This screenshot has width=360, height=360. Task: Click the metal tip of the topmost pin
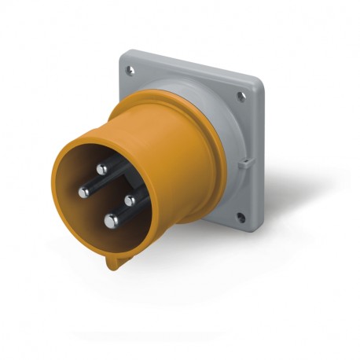point(102,167)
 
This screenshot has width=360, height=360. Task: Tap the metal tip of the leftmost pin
point(83,192)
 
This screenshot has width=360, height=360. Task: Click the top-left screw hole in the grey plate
point(130,71)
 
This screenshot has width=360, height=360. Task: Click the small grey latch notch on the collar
point(244,164)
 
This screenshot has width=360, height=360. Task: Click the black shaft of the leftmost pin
point(94,189)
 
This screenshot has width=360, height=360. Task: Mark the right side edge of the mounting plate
point(259,157)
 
